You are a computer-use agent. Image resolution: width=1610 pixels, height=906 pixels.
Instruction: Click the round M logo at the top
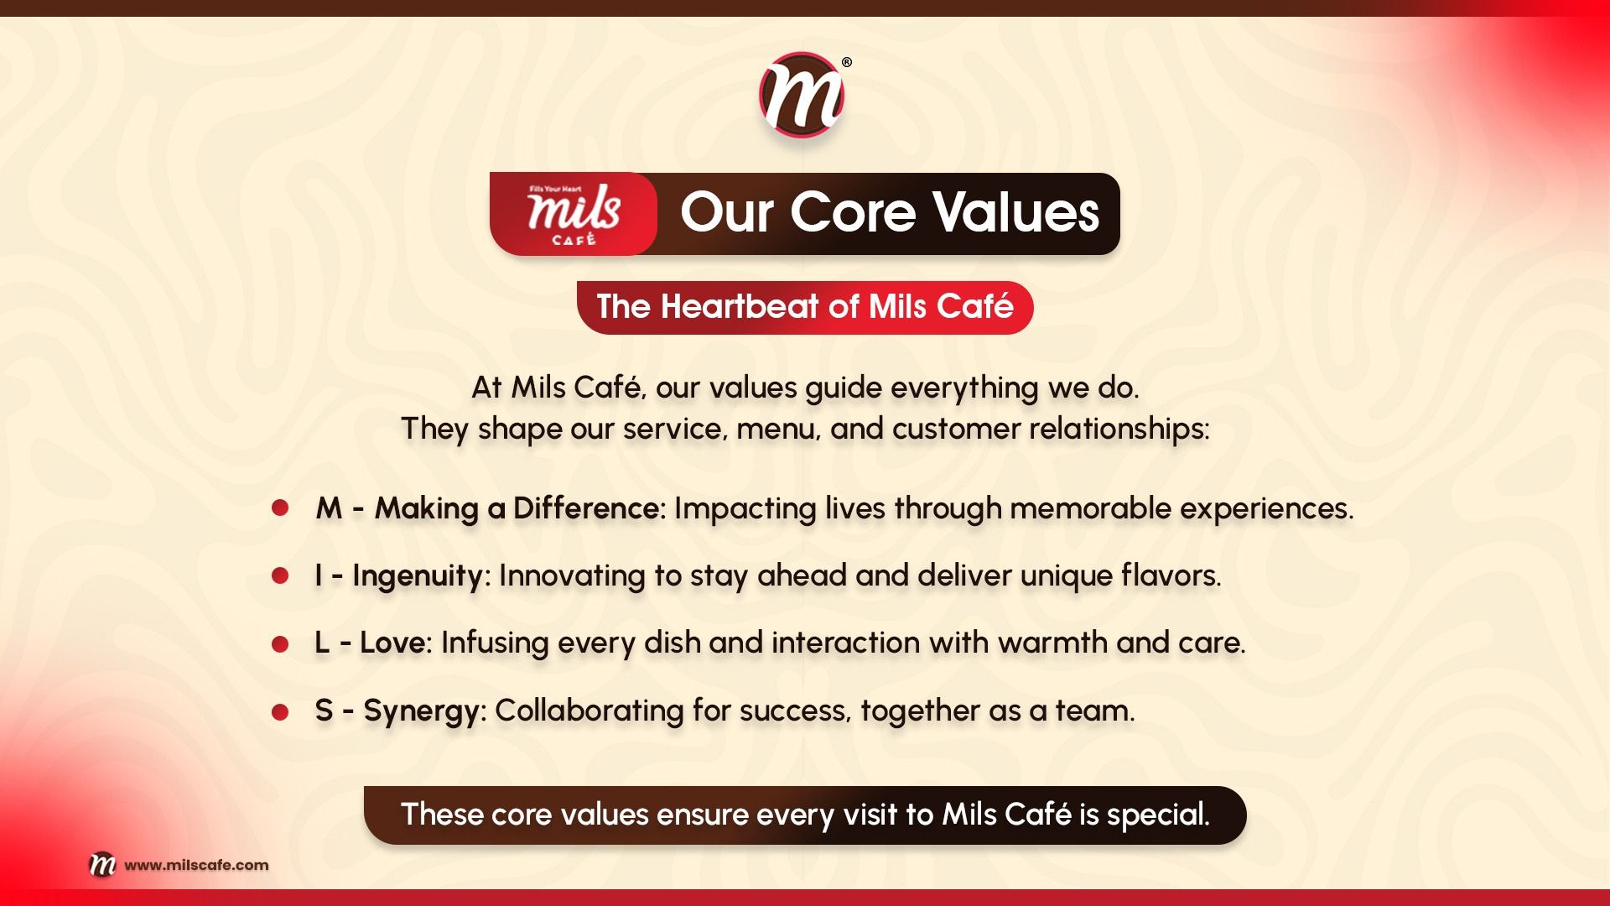pyautogui.click(x=802, y=95)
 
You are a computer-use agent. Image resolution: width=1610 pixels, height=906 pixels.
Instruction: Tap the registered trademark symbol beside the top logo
pyautogui.click(x=847, y=62)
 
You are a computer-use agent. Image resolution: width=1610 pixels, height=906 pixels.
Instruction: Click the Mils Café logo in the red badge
pyautogui.click(x=574, y=215)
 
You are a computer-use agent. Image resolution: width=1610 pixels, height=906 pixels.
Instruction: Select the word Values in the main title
pyautogui.click(x=1016, y=212)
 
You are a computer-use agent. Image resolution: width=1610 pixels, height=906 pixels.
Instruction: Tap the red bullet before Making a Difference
pyautogui.click(x=280, y=508)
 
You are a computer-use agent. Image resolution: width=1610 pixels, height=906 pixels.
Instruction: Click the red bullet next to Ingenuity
pyautogui.click(x=280, y=575)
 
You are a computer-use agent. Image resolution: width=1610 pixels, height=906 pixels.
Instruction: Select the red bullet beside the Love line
pyautogui.click(x=280, y=643)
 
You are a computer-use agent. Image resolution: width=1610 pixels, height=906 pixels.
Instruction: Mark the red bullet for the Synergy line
pyautogui.click(x=280, y=712)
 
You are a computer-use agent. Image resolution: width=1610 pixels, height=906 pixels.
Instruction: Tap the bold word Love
pyautogui.click(x=392, y=643)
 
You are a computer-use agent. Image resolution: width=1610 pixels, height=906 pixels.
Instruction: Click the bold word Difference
pyautogui.click(x=586, y=508)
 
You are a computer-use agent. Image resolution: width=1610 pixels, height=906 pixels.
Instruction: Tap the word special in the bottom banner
pyautogui.click(x=1158, y=815)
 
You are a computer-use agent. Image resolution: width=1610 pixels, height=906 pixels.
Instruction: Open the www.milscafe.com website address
pyautogui.click(x=196, y=865)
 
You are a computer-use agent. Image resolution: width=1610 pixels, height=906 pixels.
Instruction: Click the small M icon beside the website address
pyautogui.click(x=102, y=864)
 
